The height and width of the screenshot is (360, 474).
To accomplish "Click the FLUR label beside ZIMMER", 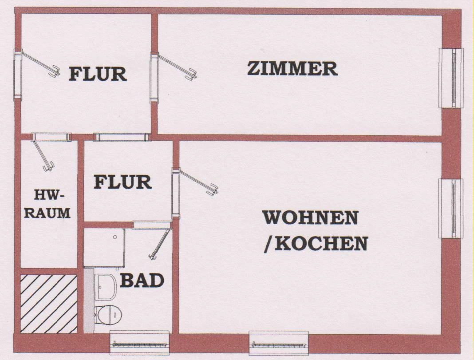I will click(98, 74).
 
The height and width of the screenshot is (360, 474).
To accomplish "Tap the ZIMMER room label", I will click(292, 69).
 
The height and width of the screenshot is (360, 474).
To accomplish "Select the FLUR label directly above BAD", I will click(122, 182).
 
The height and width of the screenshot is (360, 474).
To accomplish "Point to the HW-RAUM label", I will click(47, 204).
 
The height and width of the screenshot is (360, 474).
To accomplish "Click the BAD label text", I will click(142, 281).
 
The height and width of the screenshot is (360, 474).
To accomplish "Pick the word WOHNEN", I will click(310, 218).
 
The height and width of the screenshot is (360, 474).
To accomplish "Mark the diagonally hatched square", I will click(49, 304).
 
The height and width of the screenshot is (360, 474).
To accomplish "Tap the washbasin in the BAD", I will click(105, 286).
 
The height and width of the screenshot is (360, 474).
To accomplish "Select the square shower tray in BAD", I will click(104, 247).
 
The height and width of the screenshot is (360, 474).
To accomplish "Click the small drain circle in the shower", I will click(115, 237).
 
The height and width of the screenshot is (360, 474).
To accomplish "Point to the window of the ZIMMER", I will click(451, 78).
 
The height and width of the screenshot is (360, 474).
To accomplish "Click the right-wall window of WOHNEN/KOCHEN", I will click(451, 208).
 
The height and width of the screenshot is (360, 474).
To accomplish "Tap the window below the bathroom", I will click(139, 343).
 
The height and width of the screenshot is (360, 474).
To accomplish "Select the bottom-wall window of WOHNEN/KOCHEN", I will click(279, 343).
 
